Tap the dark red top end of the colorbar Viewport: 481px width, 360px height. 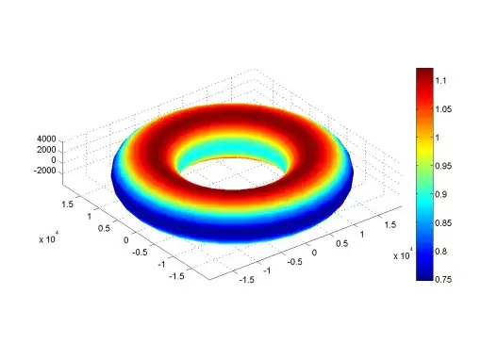click(x=423, y=73)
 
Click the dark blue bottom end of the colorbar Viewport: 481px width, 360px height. click(x=423, y=277)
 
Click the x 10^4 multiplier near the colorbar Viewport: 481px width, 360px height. click(x=404, y=255)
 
